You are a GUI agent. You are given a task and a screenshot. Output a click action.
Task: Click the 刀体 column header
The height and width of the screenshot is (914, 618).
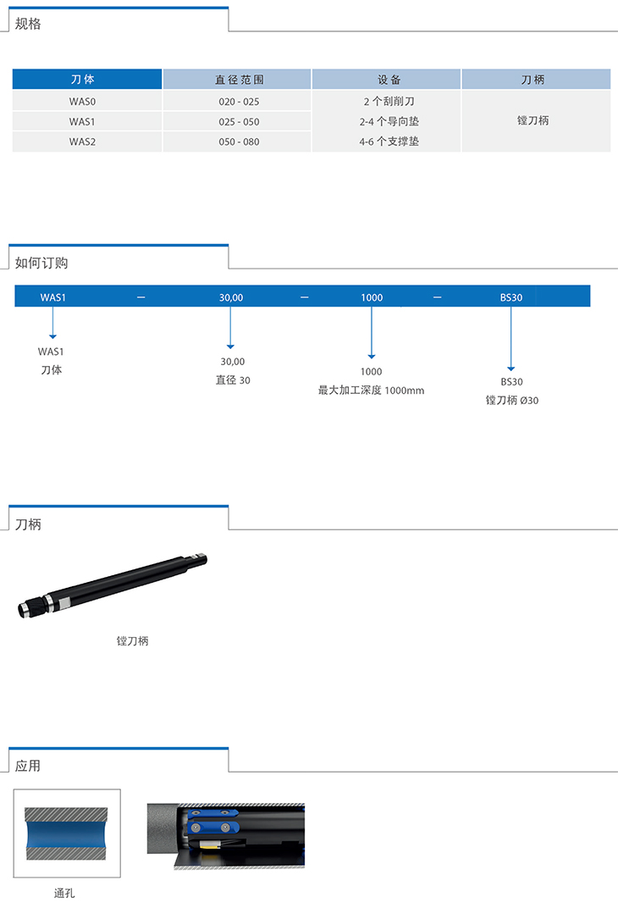[x=83, y=80]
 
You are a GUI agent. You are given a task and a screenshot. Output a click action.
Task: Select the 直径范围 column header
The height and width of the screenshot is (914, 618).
[x=239, y=80]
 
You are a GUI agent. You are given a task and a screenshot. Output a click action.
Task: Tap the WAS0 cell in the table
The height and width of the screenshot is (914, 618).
[x=82, y=102]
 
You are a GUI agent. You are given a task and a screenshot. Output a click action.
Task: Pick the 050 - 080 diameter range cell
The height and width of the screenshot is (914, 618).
[x=239, y=141]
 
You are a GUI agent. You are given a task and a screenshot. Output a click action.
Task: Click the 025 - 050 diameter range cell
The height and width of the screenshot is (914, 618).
[x=239, y=122]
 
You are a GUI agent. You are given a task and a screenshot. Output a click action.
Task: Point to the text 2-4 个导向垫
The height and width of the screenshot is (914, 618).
[x=389, y=121]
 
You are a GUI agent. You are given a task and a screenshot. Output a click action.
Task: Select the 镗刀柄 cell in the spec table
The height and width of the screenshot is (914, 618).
[x=533, y=120]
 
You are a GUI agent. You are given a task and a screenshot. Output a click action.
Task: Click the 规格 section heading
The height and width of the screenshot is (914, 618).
[x=28, y=24]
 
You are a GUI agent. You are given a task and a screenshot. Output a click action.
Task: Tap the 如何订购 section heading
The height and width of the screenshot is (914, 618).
[x=41, y=263]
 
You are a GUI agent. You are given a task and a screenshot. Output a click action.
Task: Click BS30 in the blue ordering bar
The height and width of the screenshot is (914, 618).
[x=510, y=297]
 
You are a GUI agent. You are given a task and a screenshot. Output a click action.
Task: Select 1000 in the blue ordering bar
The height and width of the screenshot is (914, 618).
[x=372, y=297]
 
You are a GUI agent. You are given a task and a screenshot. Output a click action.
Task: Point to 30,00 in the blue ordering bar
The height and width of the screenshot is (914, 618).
[x=230, y=297]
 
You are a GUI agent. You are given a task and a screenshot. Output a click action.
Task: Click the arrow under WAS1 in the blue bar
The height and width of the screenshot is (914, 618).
[x=53, y=323]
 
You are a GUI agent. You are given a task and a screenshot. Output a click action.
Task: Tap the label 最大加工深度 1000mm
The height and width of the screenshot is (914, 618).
[x=371, y=390]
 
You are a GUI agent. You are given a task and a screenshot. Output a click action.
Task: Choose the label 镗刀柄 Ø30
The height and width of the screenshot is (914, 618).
[x=512, y=400]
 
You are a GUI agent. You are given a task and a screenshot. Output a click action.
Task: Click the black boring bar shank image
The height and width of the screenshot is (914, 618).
[x=113, y=584]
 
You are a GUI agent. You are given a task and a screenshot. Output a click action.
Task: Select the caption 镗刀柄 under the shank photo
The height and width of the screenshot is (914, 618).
[x=132, y=640]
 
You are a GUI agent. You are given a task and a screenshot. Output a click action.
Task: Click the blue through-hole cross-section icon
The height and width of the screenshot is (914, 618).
[x=66, y=834]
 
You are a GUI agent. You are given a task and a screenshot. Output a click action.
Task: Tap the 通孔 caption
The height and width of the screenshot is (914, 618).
[x=64, y=893]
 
